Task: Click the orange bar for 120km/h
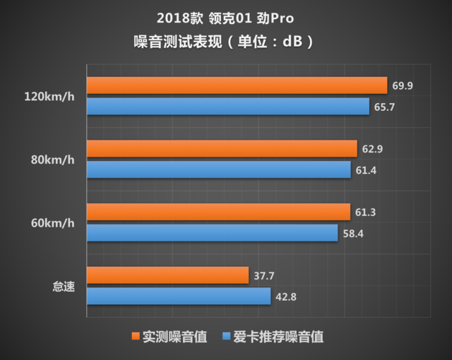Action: coord(237,85)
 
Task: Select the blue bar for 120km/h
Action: coord(227,107)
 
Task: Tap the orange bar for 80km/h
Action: coord(221,149)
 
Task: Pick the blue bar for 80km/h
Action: coord(218,170)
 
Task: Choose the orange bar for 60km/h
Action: coord(218,212)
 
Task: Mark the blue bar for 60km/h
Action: coord(212,233)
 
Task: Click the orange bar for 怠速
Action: coord(167,275)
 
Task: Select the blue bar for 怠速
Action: coord(178,296)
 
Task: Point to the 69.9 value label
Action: coord(403,85)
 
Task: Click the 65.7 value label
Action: coord(384,107)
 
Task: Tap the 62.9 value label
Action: coord(371,149)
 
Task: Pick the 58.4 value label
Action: coord(353,233)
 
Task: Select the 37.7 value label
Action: coord(264,275)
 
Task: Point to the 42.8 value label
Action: coord(285,296)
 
